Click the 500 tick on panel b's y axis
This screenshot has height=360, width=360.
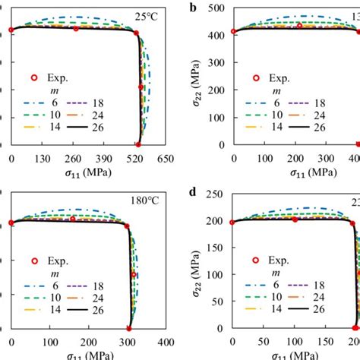pos(217,8)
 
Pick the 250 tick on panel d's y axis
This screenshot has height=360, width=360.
pos(217,195)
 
